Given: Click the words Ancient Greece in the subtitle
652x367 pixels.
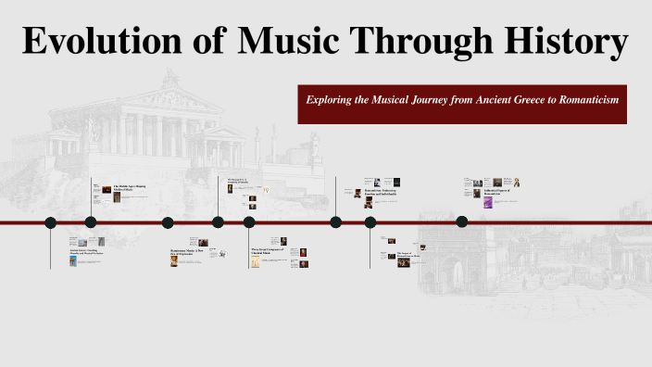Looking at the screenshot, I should tap(496, 98).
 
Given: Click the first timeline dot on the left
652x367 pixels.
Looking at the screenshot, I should tap(50, 222).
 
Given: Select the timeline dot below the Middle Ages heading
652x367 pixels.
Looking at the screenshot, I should tap(91, 222).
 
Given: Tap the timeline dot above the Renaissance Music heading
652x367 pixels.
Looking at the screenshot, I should tap(168, 222).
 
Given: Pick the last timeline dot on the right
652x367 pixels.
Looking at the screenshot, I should tap(462, 221).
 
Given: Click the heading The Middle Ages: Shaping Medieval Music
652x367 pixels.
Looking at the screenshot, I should tap(131, 188).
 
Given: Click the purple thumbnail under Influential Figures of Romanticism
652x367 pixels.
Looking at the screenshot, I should tap(488, 202).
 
